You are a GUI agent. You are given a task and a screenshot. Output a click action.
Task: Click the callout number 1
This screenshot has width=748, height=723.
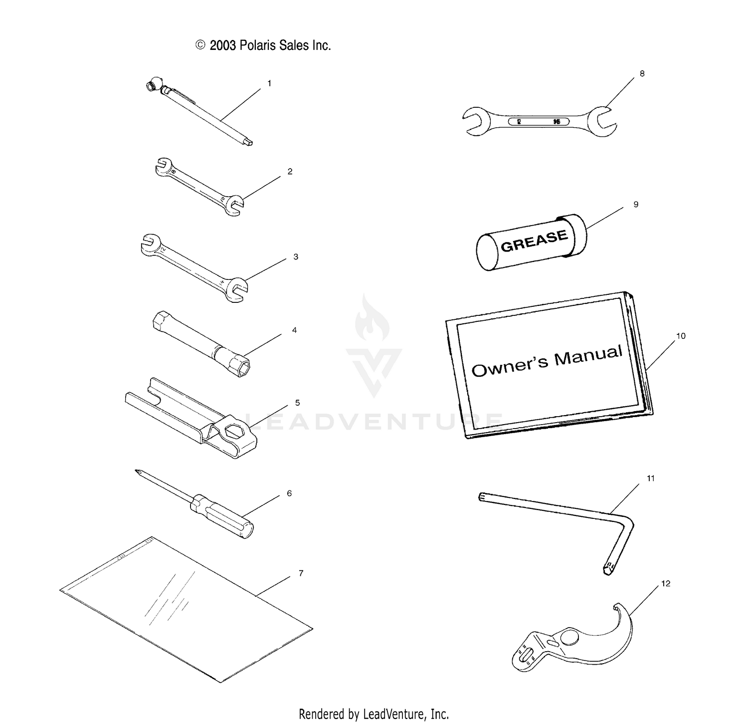pyautogui.click(x=269, y=84)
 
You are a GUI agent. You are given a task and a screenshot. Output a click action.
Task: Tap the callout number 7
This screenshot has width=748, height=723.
pyautogui.click(x=301, y=573)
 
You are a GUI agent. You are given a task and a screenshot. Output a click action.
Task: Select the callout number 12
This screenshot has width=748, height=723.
pyautogui.click(x=666, y=583)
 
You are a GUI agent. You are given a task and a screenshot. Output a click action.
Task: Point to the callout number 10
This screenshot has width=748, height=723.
pyautogui.click(x=681, y=336)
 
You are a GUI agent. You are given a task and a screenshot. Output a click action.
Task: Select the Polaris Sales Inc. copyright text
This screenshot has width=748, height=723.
pyautogui.click(x=263, y=45)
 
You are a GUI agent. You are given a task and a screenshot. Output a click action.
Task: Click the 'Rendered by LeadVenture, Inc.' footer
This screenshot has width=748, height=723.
pyautogui.click(x=374, y=714)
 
